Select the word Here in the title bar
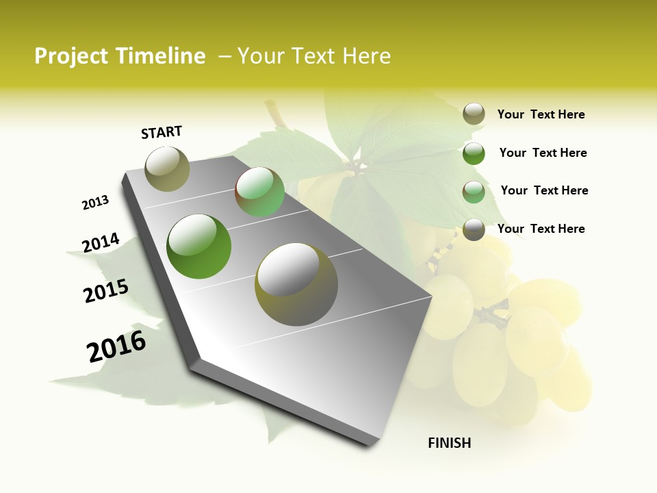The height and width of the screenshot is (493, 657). [x=365, y=56]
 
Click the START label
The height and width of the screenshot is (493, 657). [x=162, y=131]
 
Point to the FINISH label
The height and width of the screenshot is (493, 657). [x=450, y=443]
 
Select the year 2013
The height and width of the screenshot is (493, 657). [x=95, y=203]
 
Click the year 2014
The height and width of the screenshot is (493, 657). [x=101, y=243]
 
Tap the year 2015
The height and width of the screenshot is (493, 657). [x=106, y=291]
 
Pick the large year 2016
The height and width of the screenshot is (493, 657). [x=116, y=346]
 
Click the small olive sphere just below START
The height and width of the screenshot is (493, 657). [x=168, y=168]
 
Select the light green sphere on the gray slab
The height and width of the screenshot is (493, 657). [x=259, y=192]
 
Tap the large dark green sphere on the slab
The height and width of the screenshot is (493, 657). [x=199, y=246]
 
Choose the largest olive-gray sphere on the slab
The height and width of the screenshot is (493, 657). [x=296, y=284]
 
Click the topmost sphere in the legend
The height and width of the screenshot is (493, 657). [x=474, y=114]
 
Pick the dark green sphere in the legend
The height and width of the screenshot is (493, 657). [x=474, y=153]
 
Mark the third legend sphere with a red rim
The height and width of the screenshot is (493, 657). [x=474, y=192]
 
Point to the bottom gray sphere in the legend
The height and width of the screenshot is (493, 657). [x=474, y=229]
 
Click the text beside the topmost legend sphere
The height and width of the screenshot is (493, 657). [x=541, y=114]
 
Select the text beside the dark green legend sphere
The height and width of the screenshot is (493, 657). [x=543, y=153]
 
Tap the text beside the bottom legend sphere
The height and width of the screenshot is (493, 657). [x=541, y=229]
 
